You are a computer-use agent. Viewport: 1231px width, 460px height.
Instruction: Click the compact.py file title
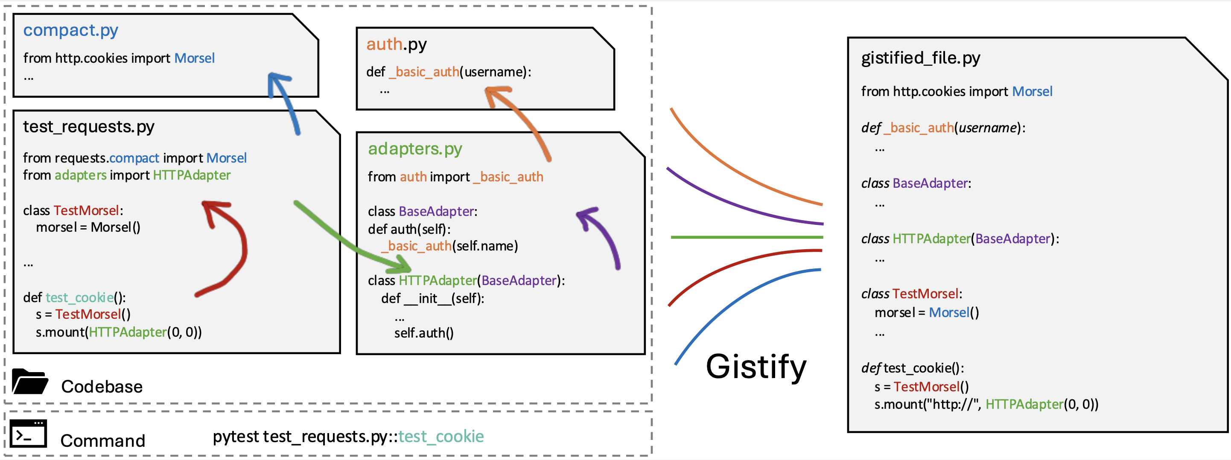pos(70,30)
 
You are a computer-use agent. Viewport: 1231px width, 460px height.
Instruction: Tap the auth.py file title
pos(396,44)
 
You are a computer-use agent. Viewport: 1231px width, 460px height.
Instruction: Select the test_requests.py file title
pos(88,127)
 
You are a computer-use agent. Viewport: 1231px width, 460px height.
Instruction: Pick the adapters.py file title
pos(415,148)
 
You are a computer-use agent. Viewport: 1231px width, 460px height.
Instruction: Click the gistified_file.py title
pos(920,58)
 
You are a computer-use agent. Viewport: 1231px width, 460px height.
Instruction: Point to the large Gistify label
pos(756,367)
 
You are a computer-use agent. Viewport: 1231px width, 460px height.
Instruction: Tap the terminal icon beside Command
pos(28,433)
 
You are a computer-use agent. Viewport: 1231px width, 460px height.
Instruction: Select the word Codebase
pos(102,387)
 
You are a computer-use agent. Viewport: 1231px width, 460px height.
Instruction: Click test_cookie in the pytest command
pos(440,436)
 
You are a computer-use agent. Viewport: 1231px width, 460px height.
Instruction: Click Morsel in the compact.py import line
pos(194,58)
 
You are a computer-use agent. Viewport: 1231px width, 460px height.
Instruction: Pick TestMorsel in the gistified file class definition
pos(925,294)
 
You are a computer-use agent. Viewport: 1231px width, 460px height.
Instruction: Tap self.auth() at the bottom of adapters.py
pos(423,333)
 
